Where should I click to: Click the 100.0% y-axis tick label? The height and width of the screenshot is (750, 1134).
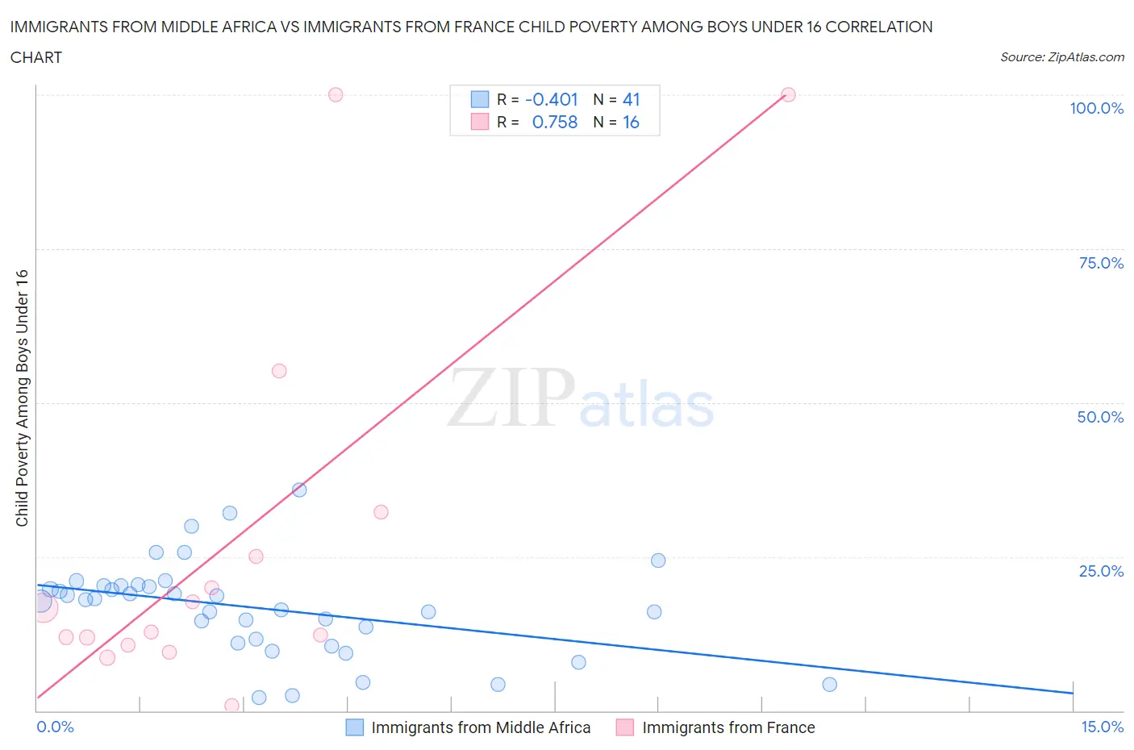tap(1096, 108)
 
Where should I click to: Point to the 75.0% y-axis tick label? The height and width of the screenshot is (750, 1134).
tap(1101, 263)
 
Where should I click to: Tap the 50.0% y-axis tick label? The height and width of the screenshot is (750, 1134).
tap(1100, 417)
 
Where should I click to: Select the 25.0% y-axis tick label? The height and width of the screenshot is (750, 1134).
tap(1101, 571)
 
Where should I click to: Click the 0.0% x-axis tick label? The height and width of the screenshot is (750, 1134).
tap(55, 727)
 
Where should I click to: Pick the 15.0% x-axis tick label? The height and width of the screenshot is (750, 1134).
tap(1102, 727)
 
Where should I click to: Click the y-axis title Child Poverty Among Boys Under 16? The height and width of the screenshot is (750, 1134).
tap(22, 398)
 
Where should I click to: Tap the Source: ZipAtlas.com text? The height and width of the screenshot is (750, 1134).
tap(1061, 56)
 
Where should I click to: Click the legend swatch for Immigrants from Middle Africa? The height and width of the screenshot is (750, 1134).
tap(354, 727)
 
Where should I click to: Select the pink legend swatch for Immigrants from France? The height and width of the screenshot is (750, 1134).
tap(625, 727)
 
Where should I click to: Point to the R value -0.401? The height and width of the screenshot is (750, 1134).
tap(552, 99)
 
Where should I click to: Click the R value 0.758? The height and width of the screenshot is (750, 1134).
tap(555, 122)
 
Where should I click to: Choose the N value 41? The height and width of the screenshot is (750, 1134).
tap(631, 99)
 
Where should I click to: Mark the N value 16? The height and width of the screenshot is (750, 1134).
tap(631, 122)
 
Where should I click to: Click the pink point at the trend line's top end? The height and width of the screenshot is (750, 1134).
tap(788, 94)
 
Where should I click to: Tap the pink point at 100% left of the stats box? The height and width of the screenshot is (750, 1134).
tap(336, 94)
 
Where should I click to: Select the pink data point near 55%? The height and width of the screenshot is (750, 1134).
tap(279, 371)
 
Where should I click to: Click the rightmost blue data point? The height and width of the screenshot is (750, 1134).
tap(829, 685)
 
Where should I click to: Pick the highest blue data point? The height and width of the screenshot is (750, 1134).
tap(299, 490)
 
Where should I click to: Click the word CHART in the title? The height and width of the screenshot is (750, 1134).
tap(36, 57)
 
